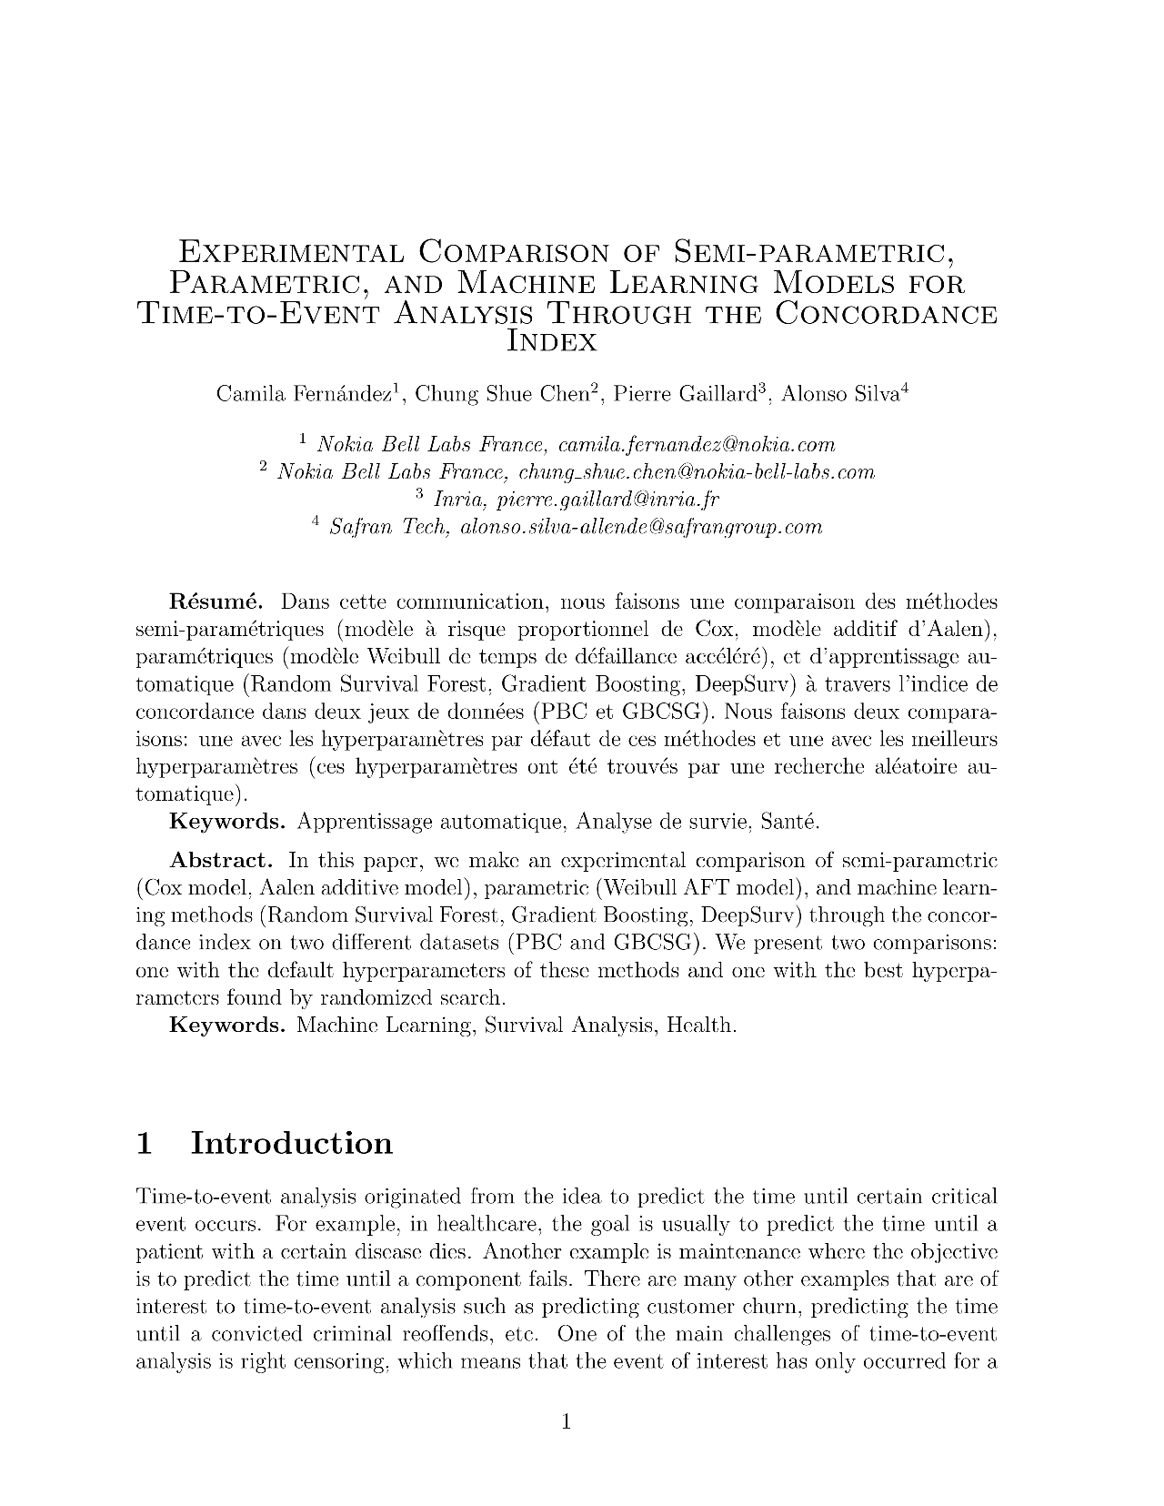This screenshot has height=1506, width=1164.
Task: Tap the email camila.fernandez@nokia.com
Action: tap(696, 445)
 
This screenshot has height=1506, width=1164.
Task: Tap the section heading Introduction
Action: tap(292, 1143)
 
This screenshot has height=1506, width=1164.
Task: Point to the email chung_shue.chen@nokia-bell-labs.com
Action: tap(696, 472)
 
